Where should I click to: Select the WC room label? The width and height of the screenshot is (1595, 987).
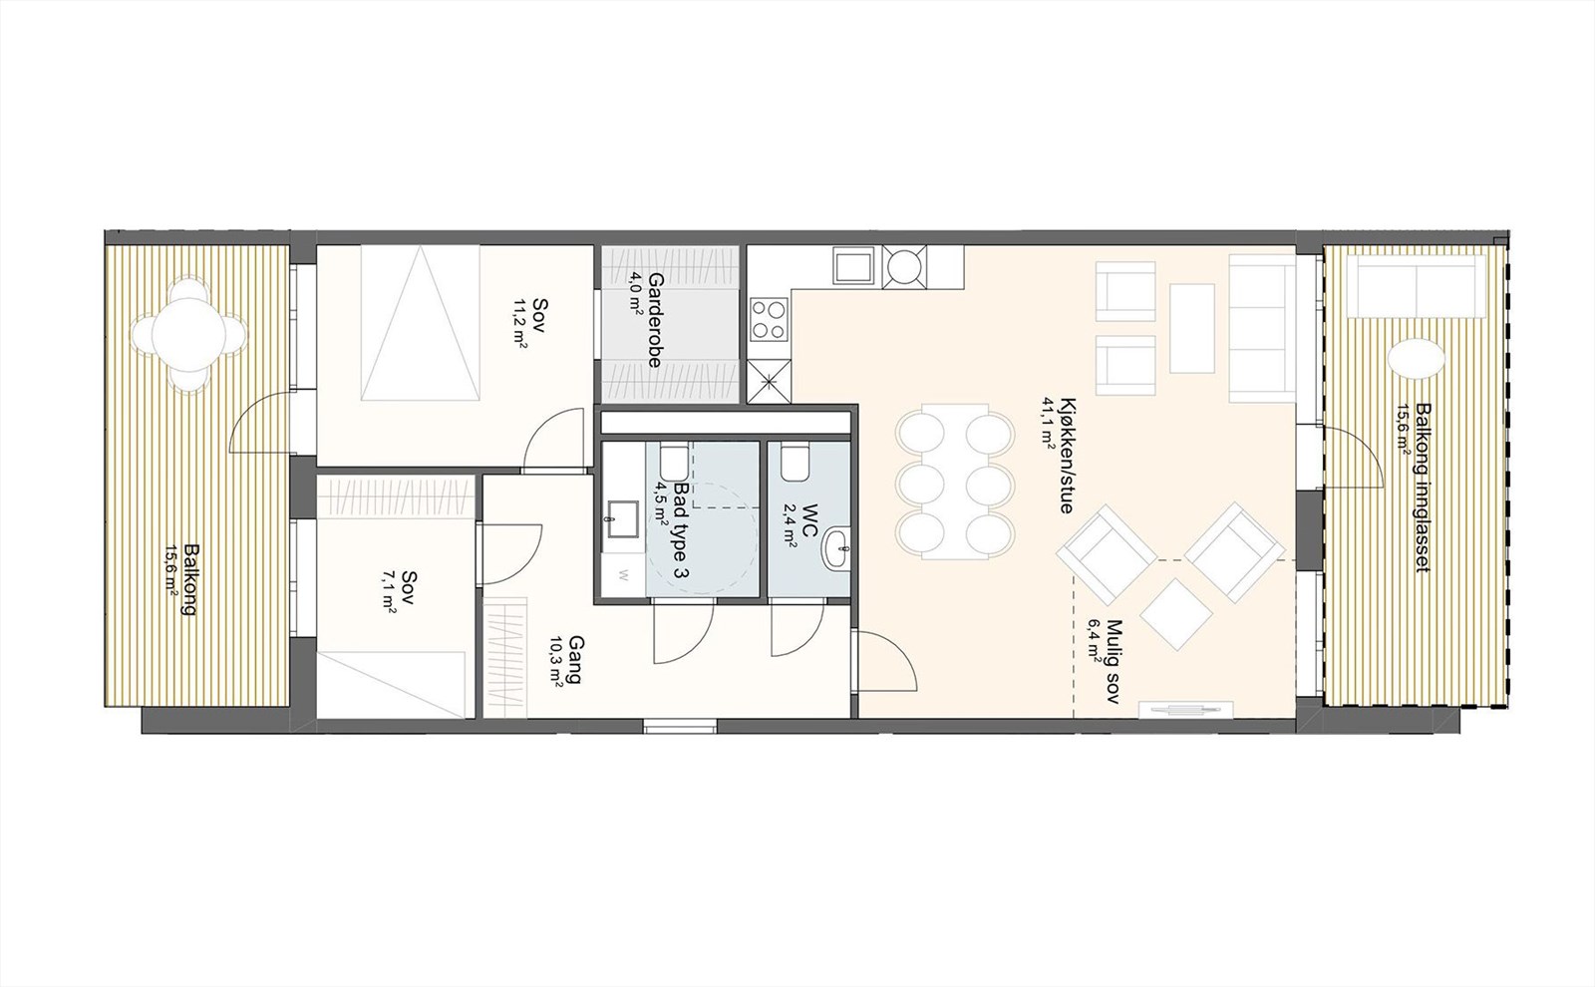(x=809, y=522)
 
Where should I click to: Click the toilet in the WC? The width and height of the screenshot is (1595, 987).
(x=797, y=463)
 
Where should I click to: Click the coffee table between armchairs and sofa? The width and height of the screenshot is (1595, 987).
(x=1192, y=328)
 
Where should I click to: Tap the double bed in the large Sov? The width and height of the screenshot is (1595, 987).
(x=420, y=324)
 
